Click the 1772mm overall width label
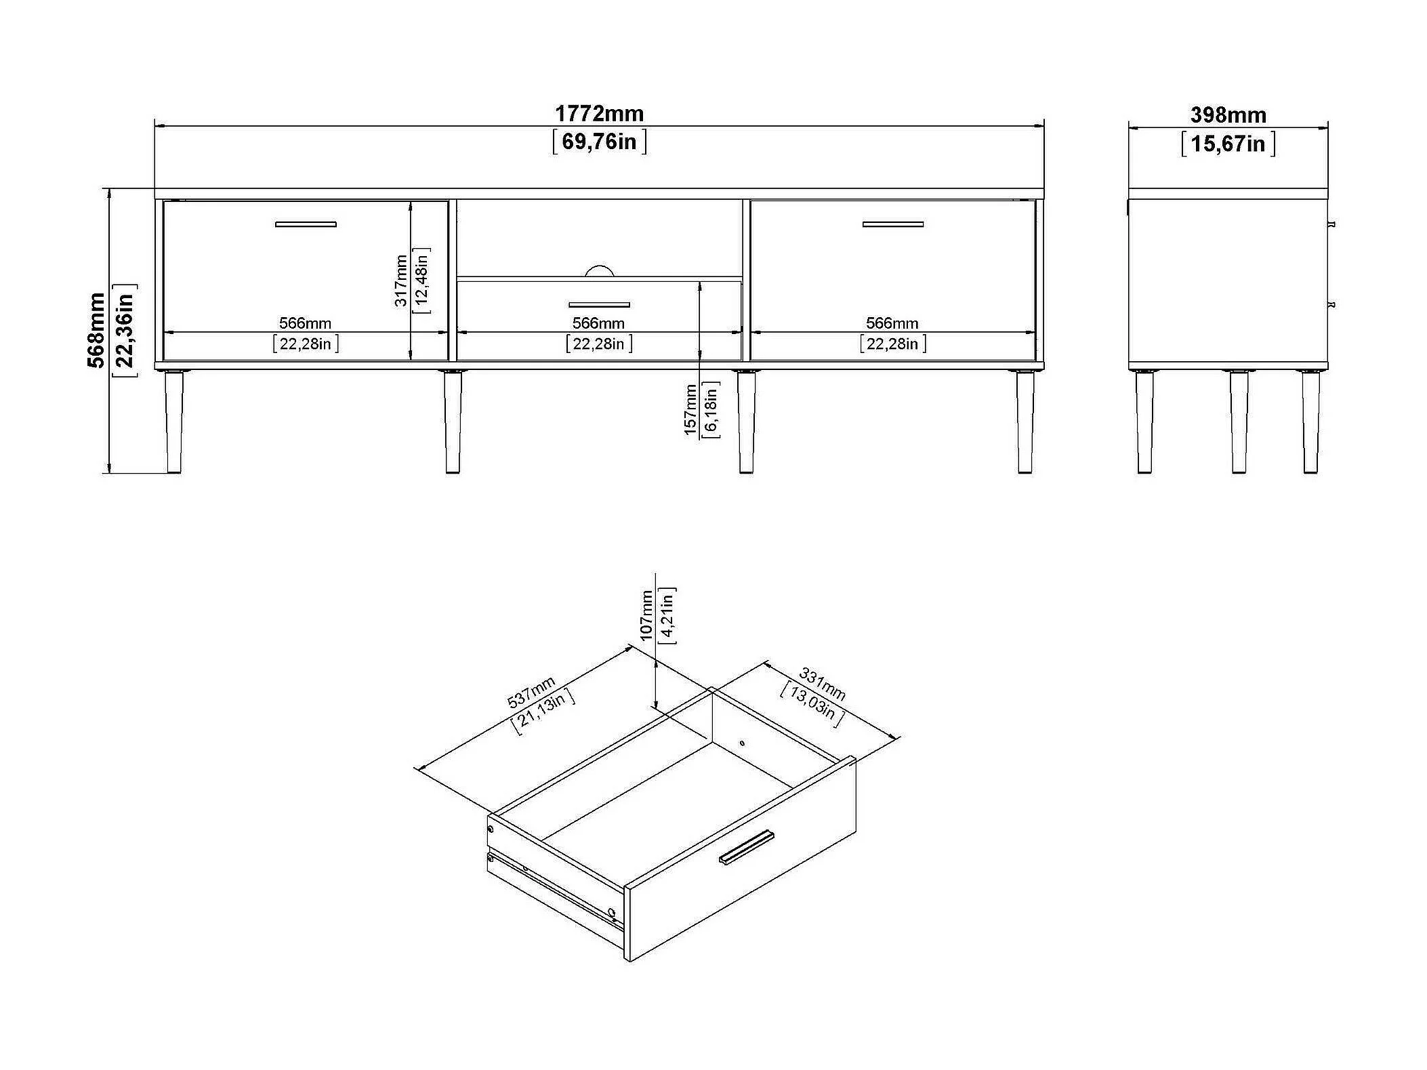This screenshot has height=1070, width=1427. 599,113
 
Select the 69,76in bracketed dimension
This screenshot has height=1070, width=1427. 599,142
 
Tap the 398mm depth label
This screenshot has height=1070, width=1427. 1228,115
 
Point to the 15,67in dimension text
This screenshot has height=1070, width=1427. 1228,144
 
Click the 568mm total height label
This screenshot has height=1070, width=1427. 97,330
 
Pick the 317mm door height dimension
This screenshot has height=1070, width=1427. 401,281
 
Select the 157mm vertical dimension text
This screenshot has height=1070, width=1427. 690,409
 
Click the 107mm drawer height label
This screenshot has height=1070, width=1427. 646,615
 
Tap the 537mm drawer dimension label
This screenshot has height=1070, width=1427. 531,691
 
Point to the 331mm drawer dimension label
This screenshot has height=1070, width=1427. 822,683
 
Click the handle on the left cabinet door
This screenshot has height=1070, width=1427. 306,224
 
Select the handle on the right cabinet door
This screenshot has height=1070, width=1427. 892,224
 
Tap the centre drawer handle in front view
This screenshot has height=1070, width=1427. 599,305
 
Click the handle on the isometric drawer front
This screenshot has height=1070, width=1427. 746,847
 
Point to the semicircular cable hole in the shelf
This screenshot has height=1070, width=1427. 599,271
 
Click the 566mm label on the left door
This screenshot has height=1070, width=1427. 305,323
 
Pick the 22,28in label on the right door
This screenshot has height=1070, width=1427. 892,344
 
